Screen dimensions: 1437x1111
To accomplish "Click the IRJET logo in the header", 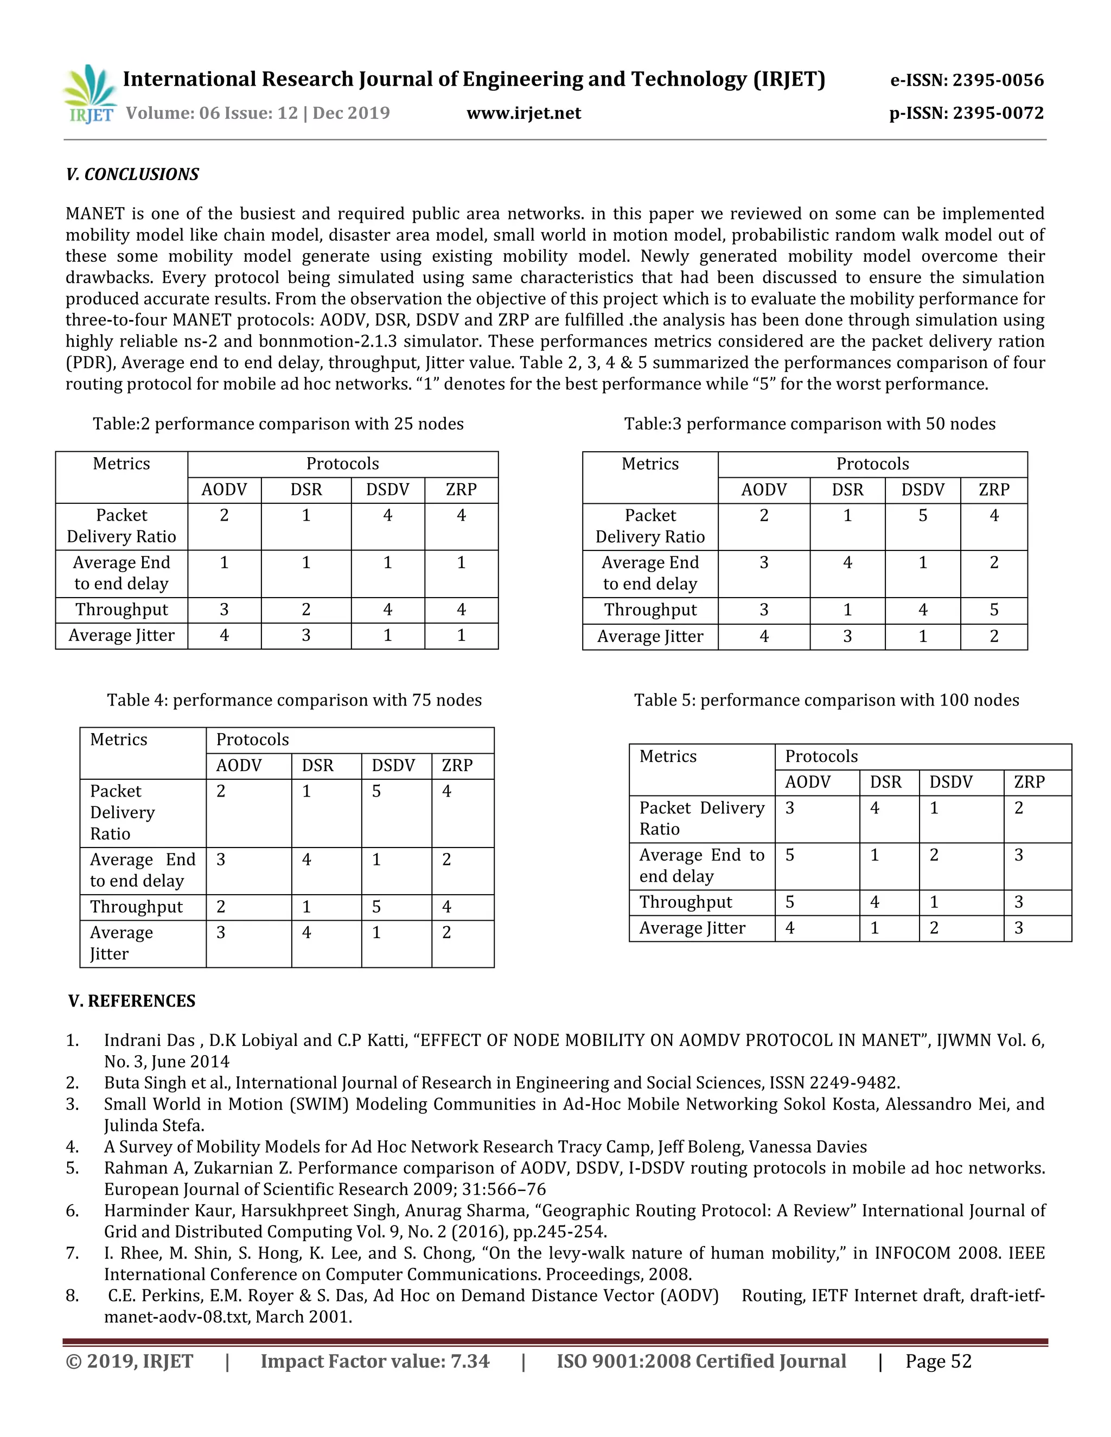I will (91, 94).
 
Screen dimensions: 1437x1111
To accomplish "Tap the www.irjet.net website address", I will (523, 113).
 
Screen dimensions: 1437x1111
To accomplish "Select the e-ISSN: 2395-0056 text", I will (966, 80).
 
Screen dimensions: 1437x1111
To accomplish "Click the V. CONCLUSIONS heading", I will (132, 175).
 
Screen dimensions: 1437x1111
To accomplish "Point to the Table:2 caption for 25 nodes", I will (278, 424).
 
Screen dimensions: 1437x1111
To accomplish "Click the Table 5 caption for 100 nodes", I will (826, 700).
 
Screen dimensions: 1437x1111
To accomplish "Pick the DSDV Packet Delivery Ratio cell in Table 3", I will (922, 516).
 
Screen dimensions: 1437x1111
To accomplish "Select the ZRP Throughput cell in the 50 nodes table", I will (993, 610).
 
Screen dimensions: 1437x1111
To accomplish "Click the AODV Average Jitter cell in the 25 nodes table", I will (224, 636).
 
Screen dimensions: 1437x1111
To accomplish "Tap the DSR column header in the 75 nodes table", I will (317, 766).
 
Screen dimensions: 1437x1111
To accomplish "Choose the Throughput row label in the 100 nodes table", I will (685, 902).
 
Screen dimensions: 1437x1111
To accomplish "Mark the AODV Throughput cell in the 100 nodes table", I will (790, 902).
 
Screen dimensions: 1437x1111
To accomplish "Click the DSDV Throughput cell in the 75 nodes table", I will (376, 907).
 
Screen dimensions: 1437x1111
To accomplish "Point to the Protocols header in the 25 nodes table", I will (342, 464).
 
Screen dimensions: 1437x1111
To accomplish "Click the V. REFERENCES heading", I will (132, 1001).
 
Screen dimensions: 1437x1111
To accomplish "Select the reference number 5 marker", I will (72, 1168).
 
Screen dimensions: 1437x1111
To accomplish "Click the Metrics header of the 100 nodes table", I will (667, 756).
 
